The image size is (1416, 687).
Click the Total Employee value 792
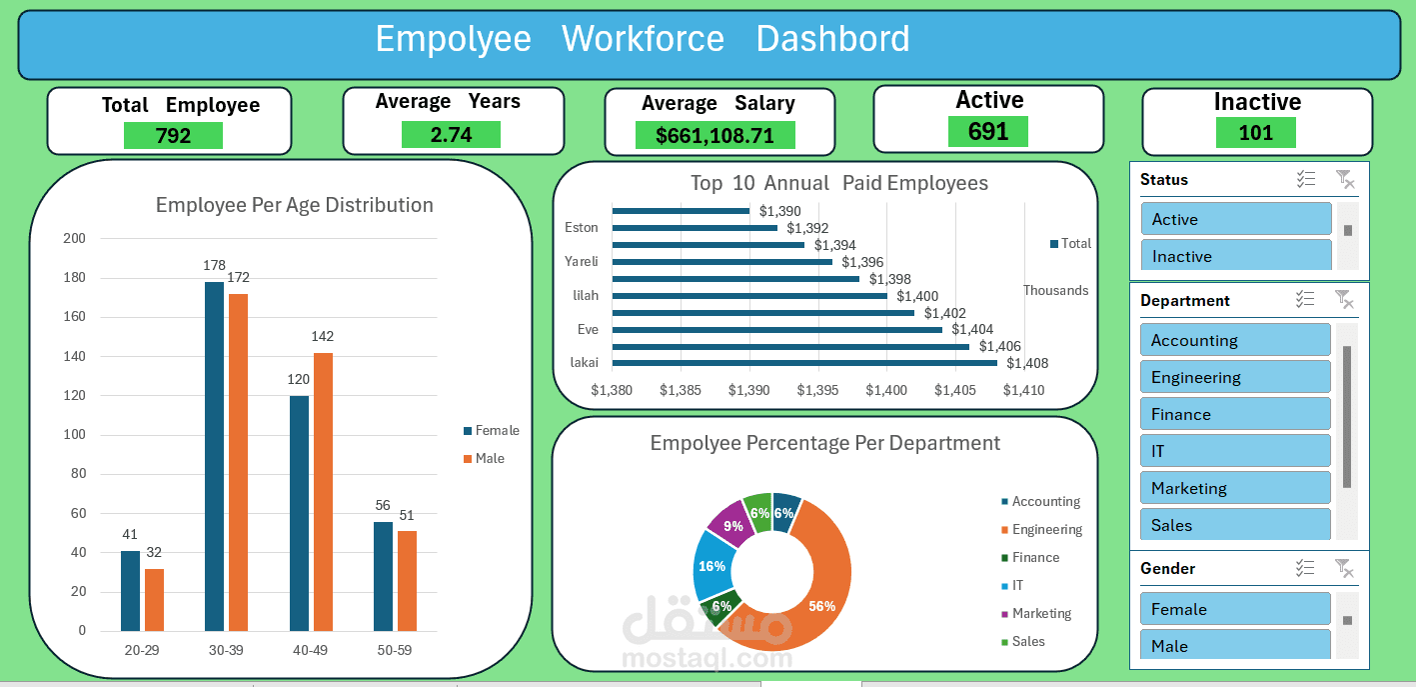[x=173, y=136]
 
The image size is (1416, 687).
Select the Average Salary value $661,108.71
[x=714, y=136]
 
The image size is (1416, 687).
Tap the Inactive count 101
[x=1255, y=133]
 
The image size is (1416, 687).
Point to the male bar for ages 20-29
[x=154, y=600]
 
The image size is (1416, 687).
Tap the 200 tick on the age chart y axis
[x=74, y=238]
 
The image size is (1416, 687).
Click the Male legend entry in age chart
[x=489, y=459]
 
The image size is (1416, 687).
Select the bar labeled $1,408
[x=804, y=363]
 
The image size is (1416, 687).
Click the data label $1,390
[x=779, y=211]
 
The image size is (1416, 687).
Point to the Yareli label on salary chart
[x=581, y=262]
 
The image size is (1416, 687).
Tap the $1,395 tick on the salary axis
[x=817, y=390]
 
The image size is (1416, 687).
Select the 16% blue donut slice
[x=711, y=565]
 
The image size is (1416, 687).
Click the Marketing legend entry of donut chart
[x=1040, y=614]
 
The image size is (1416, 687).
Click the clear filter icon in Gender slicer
[x=1345, y=569]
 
